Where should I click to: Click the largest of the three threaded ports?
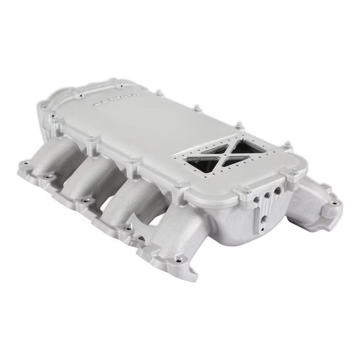point(278,190)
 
